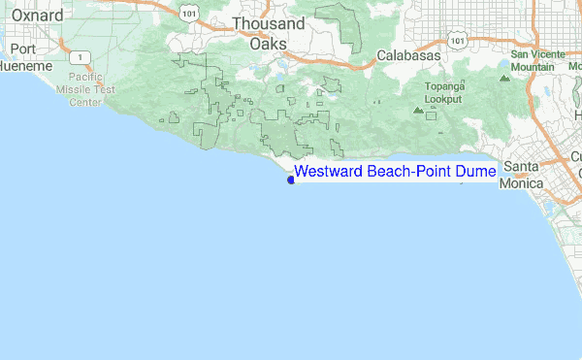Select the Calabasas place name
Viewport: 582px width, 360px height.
407,55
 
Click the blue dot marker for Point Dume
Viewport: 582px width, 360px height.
291,178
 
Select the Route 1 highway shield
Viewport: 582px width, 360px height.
76,57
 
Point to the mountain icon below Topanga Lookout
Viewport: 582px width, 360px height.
418,110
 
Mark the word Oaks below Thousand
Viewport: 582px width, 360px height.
268,44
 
